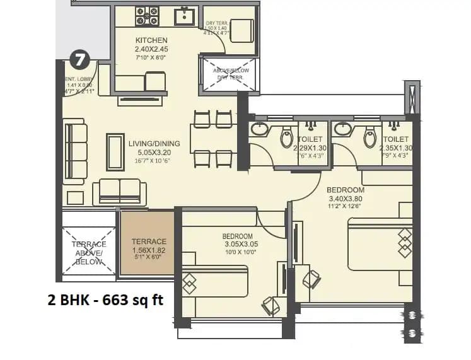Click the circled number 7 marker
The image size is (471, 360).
tap(79, 61)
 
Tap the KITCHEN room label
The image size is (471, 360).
tap(151, 40)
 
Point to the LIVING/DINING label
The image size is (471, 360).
tap(150, 143)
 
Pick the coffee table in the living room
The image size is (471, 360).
tap(115, 151)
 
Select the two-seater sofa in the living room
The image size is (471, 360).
tap(119, 192)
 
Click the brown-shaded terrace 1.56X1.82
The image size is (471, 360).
tap(148, 243)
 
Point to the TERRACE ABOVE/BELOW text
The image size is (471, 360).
tap(89, 253)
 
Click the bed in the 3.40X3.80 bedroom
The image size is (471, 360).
tap(380, 244)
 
